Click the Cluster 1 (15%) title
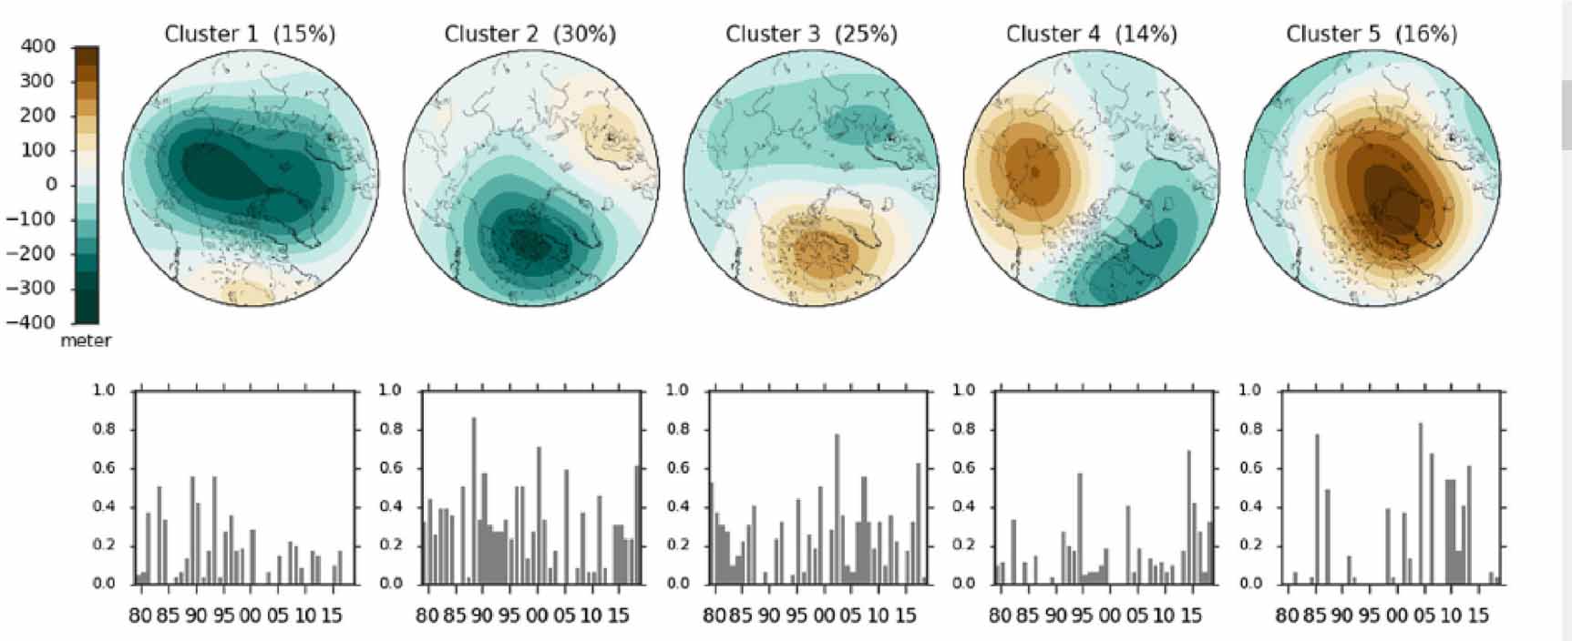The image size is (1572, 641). (x=250, y=35)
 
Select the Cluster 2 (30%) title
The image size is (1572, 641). (x=529, y=35)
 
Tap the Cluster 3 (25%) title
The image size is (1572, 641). (x=811, y=35)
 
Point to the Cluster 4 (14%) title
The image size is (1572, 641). (x=1091, y=35)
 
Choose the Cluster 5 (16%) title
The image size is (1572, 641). (x=1371, y=35)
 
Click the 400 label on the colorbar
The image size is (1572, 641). (x=37, y=46)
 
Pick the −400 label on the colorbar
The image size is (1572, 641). (x=31, y=322)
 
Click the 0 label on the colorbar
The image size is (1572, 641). (x=51, y=185)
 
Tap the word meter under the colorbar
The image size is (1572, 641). (x=86, y=341)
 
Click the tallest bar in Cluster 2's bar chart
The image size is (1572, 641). (x=473, y=501)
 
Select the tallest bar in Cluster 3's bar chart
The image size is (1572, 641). (x=837, y=509)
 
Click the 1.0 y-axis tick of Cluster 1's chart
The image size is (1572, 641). (x=105, y=391)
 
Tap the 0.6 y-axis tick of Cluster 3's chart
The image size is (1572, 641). (x=677, y=468)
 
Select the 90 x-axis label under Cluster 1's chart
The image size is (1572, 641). (x=196, y=616)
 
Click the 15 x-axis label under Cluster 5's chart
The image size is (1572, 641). (x=1478, y=616)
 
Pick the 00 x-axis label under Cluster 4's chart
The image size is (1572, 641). (x=1109, y=616)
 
